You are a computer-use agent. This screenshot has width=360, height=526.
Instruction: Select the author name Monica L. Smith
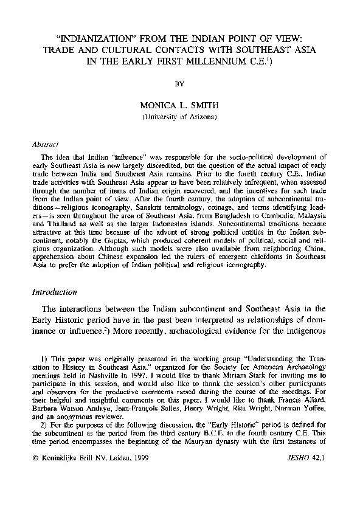click(x=179, y=105)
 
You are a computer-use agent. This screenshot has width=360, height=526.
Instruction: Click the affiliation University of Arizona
click(x=179, y=116)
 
